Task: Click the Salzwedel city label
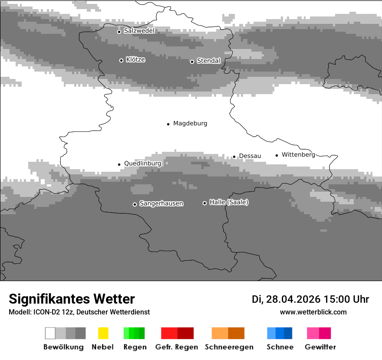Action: pos(139,31)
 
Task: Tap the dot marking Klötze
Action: pos(121,60)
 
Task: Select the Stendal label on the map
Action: pos(208,61)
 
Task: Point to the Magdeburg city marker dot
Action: pos(168,124)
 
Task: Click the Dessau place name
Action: pos(250,156)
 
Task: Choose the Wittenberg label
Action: pos(298,154)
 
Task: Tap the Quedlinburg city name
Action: pos(142,164)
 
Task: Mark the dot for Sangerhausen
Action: pos(135,204)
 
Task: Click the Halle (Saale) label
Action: pos(229,202)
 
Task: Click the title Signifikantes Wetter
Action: pos(72,299)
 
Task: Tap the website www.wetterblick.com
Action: pos(313,312)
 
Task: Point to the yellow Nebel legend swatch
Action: pos(103,333)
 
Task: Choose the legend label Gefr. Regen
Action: pos(177,347)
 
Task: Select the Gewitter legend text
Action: pos(320,347)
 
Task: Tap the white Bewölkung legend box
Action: pos(50,333)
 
